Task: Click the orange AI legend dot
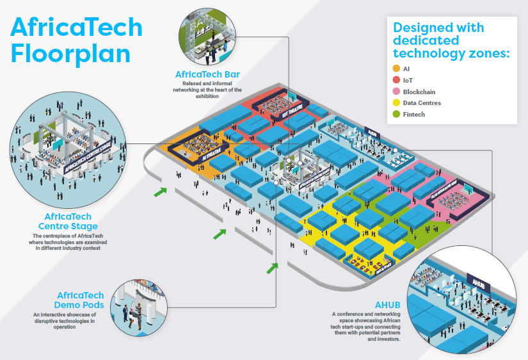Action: (x=396, y=69)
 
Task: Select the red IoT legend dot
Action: (x=396, y=80)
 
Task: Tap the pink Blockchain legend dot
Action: (x=396, y=92)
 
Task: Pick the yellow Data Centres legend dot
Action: (x=396, y=102)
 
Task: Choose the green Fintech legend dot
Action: (x=396, y=114)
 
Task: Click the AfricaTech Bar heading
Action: (x=207, y=74)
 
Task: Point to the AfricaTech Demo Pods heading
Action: (x=80, y=300)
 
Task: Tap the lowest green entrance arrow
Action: (x=273, y=266)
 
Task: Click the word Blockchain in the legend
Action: (x=419, y=92)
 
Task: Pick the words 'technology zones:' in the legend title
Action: (x=452, y=54)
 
